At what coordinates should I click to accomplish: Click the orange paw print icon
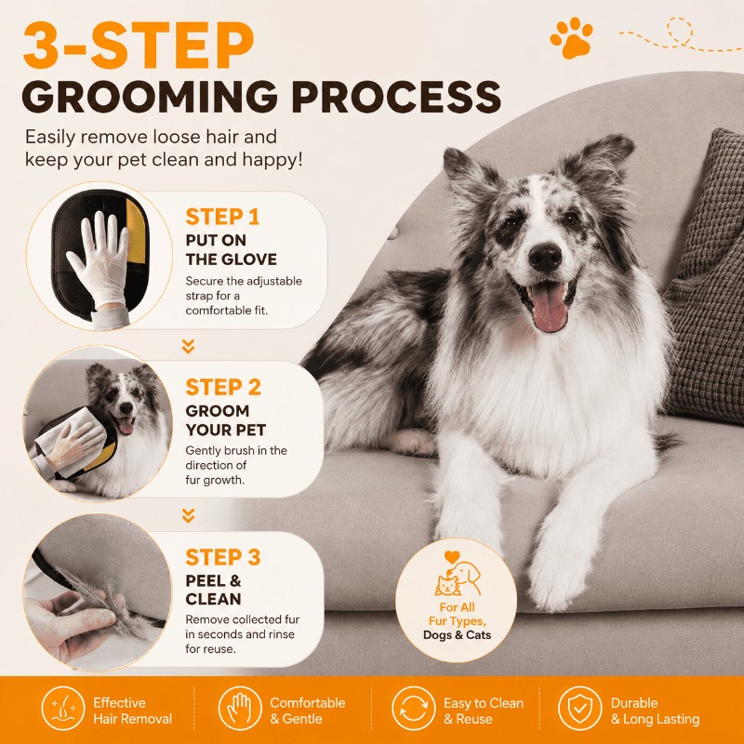571,38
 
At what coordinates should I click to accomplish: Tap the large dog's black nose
545,258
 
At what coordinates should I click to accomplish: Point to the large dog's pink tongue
550,306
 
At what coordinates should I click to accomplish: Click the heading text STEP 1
222,218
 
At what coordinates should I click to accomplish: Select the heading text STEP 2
223,387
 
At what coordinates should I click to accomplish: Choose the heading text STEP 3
223,557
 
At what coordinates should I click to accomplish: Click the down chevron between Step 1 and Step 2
189,346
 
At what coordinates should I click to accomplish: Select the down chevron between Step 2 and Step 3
189,516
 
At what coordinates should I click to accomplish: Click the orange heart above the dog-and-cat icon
452,557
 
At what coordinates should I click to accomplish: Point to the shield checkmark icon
579,709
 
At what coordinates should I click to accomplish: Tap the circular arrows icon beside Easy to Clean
413,709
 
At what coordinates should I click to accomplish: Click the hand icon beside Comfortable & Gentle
240,709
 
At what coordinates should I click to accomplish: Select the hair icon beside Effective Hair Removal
63,709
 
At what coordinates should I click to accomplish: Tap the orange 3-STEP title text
138,44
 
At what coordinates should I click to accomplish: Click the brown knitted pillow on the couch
705,276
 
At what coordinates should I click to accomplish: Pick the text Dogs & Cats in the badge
457,635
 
